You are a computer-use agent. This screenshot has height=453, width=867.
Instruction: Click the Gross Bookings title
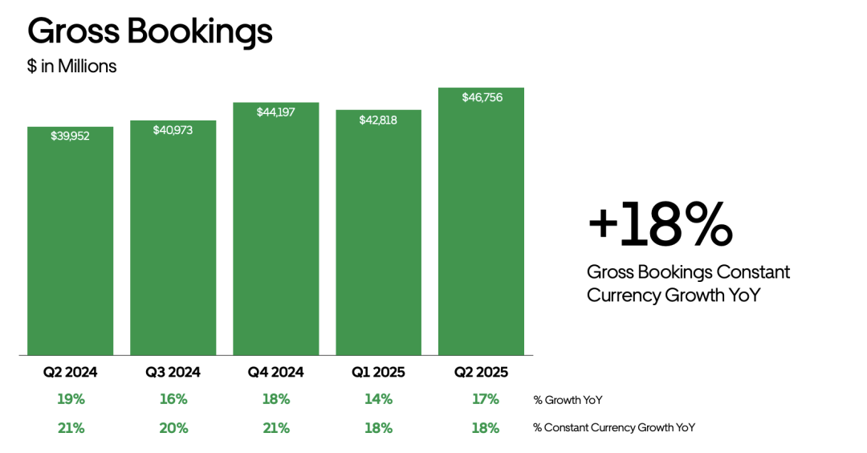tap(150, 31)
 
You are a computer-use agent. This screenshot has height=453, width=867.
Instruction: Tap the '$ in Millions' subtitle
tap(72, 67)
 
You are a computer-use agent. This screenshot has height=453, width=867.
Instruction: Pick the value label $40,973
tap(173, 129)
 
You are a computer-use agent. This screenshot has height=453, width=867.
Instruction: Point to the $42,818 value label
tap(378, 120)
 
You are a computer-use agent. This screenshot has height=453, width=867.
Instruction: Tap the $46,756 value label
tap(481, 97)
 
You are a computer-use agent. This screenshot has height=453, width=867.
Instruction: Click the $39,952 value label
tap(70, 136)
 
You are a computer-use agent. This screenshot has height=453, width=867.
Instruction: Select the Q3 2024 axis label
tap(173, 373)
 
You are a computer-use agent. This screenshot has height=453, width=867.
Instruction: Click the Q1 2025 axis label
tap(378, 373)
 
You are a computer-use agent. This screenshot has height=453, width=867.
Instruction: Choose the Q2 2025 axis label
tap(481, 373)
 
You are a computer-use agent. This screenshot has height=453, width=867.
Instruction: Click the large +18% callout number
tap(660, 226)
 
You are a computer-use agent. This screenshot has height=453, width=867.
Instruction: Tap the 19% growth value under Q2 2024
tap(71, 399)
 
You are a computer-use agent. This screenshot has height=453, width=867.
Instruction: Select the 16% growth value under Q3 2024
tap(173, 399)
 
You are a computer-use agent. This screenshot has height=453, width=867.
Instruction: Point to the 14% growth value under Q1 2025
tap(378, 399)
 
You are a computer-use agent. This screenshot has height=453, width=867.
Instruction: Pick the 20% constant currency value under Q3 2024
tap(173, 428)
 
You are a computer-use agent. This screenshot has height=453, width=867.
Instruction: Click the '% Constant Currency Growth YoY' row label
tap(614, 428)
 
